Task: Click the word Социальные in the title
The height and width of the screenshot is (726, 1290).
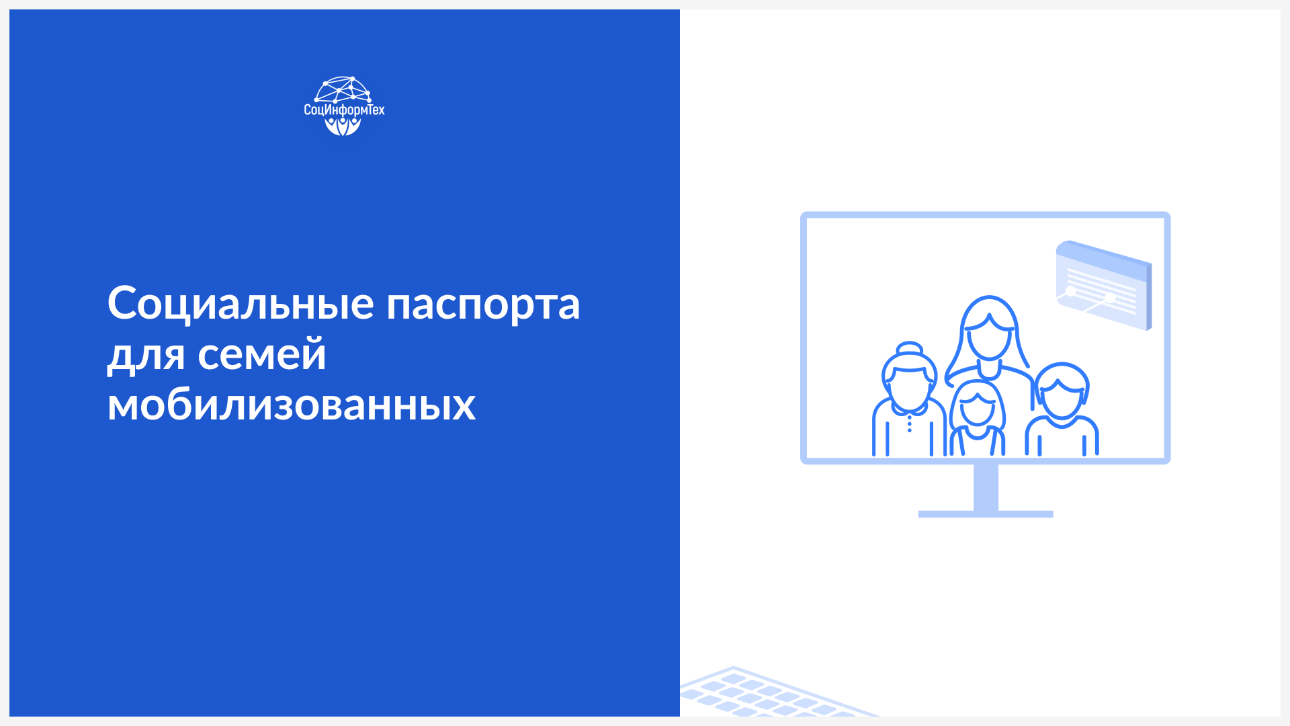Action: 241,303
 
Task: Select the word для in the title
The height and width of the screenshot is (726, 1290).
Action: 146,356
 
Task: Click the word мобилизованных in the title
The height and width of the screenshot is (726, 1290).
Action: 292,405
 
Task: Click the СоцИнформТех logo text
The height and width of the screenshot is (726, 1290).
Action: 344,110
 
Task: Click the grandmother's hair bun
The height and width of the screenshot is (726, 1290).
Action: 910,348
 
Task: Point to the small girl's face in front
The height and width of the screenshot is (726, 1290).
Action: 977,410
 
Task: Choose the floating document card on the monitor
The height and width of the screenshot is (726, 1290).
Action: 1104,286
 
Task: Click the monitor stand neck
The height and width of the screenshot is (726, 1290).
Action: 986,487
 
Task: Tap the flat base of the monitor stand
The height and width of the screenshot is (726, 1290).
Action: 986,514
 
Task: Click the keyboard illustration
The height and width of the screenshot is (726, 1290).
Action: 773,692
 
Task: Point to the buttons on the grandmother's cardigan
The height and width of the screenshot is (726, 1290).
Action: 910,424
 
